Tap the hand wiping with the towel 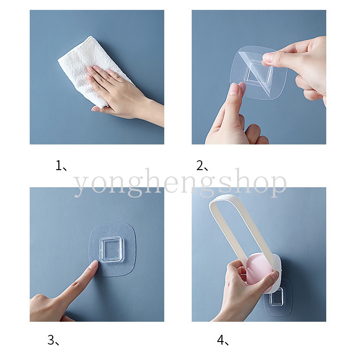[x=115, y=90]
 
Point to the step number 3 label [x=53, y=340]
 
